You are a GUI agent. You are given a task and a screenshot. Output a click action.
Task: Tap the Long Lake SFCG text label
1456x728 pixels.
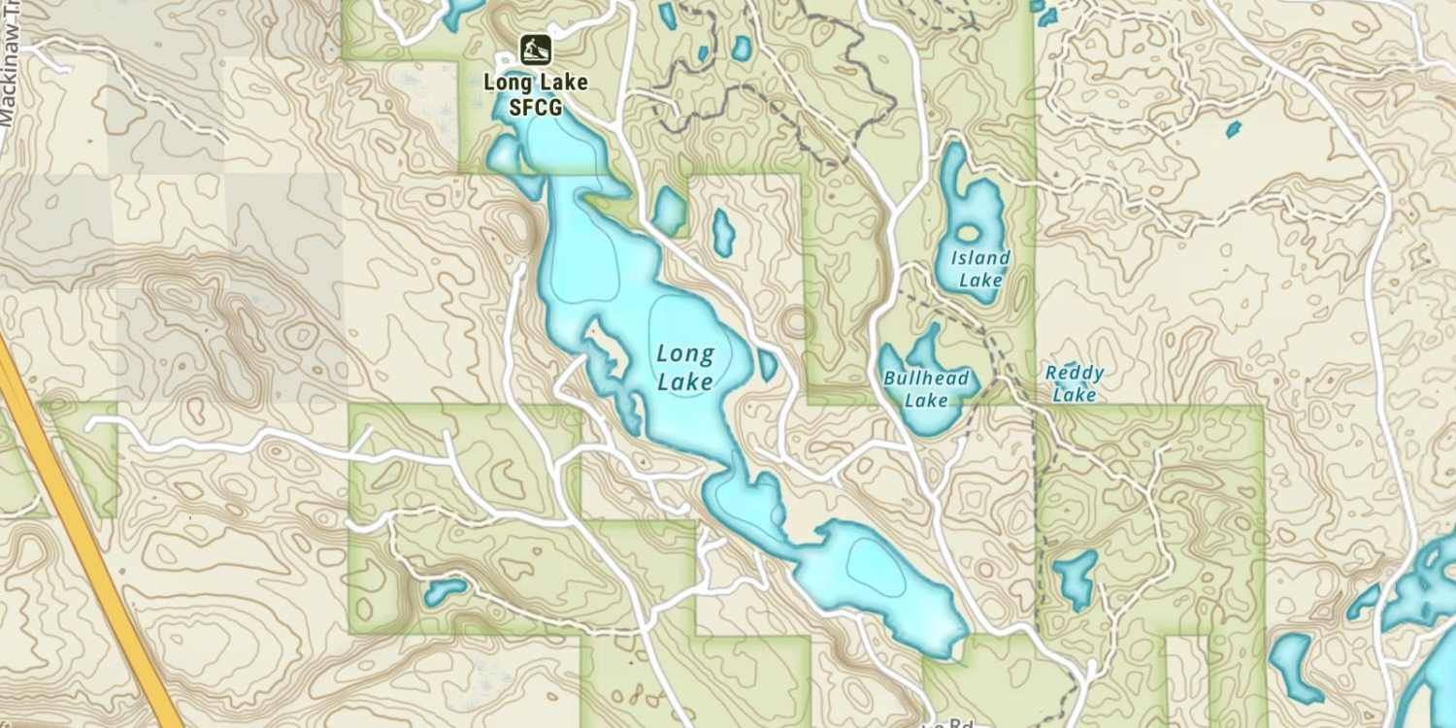(x=536, y=94)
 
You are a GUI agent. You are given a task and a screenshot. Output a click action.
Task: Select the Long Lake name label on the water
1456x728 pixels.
(x=685, y=368)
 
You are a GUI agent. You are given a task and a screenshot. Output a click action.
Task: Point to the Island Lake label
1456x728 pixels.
(x=980, y=269)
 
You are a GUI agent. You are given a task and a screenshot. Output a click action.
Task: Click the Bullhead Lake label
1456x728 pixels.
(x=926, y=388)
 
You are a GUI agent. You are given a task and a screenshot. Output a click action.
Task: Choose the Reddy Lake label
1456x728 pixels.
(x=1075, y=383)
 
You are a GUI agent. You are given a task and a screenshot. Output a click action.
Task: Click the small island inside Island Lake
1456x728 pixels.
(x=968, y=233)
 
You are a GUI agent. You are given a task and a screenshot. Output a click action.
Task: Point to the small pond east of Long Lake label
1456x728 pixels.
(x=768, y=365)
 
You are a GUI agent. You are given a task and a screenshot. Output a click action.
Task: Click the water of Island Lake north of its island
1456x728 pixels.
(x=956, y=180)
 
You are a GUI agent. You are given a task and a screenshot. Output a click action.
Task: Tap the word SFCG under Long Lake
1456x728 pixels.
(x=536, y=106)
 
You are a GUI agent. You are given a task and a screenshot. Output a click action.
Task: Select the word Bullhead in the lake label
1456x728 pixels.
(x=926, y=379)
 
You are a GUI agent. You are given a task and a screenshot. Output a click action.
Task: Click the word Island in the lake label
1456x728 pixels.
(x=980, y=258)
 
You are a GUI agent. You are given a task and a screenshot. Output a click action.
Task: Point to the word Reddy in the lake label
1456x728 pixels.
(x=1075, y=373)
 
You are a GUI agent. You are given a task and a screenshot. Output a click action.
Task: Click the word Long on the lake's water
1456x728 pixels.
(x=685, y=354)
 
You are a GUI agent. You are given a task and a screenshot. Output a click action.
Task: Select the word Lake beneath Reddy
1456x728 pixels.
(x=1075, y=395)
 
